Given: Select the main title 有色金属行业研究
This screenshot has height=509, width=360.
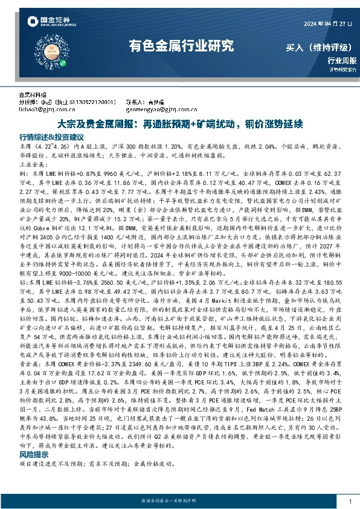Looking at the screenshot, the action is point(181,47).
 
